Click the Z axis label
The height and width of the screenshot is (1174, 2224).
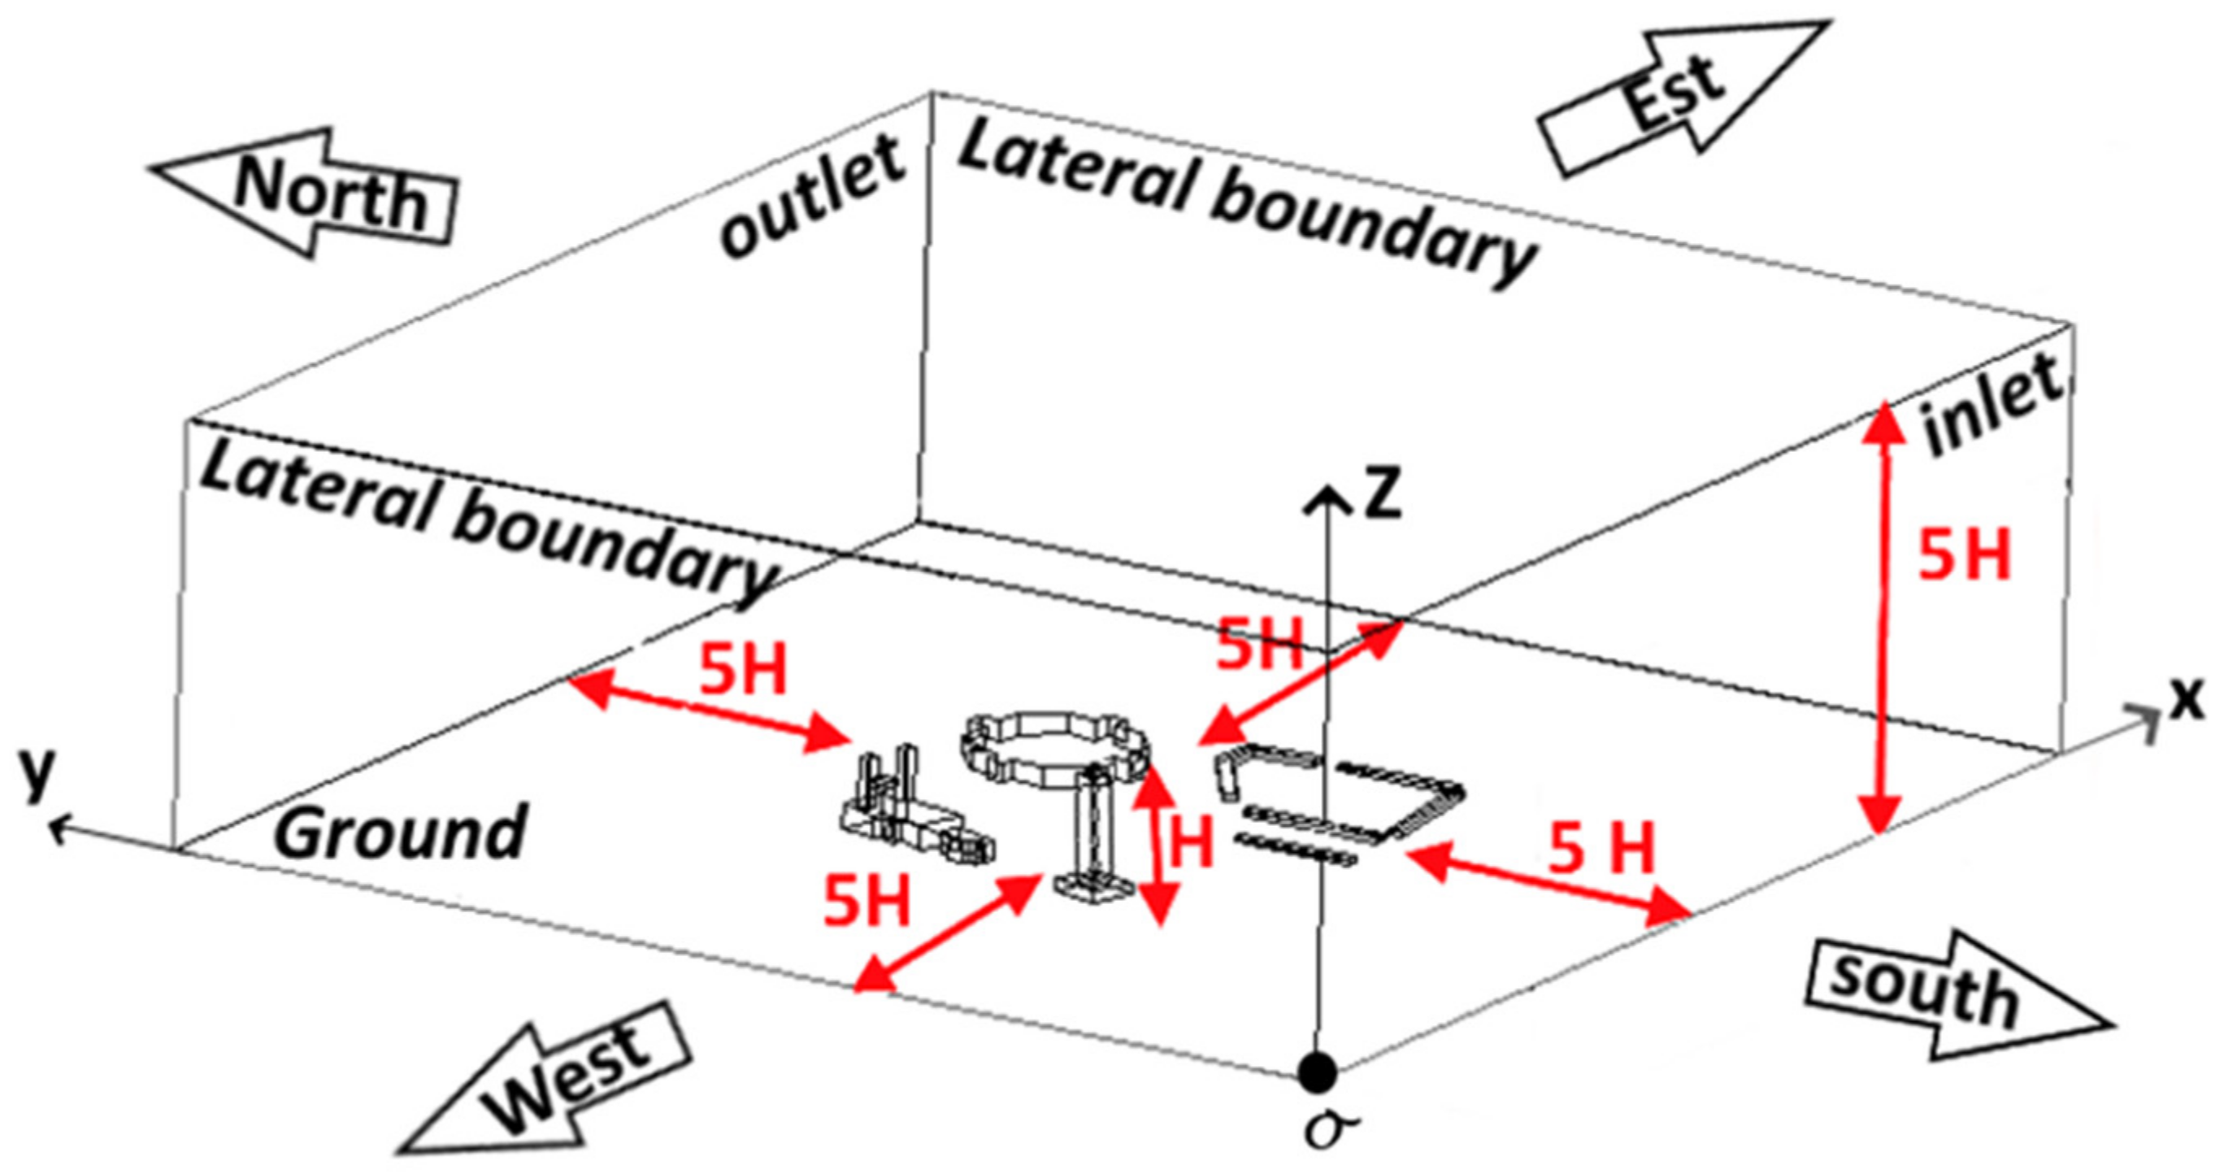click(1379, 494)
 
